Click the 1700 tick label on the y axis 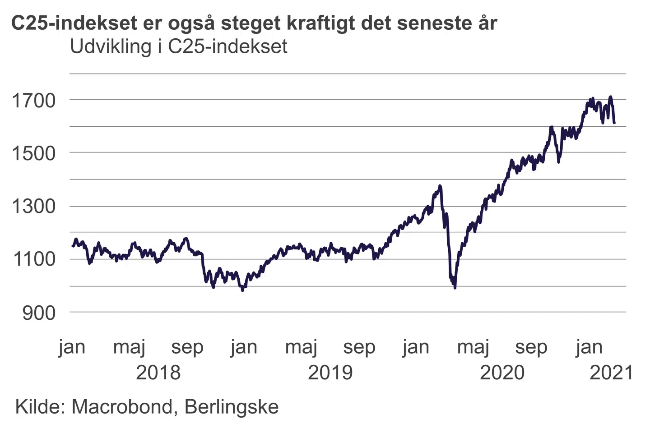coord(33,101)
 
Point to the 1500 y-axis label coord(33,153)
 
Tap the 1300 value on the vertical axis coord(33,207)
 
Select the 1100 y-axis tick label coord(33,259)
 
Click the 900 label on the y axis coord(39,313)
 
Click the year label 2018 coord(158,373)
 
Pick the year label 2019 coord(330,373)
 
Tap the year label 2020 coord(502,373)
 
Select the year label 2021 coord(612,373)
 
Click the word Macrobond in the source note coord(122,407)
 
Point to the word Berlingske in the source coord(232,407)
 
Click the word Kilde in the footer coord(40,407)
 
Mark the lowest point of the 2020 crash coord(455,287)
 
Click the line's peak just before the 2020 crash coord(440,186)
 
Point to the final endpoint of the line coord(614,123)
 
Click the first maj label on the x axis coord(129,347)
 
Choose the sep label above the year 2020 coord(531,347)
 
